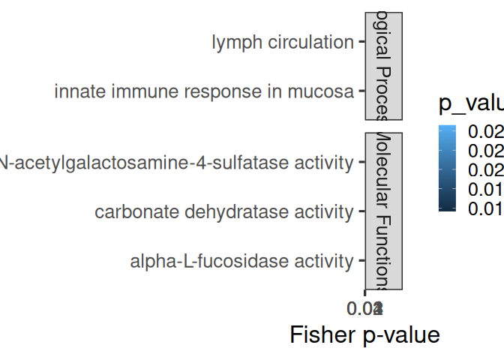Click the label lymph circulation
pos(282,43)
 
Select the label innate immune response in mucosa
pos(203,92)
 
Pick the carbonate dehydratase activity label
pos(223,212)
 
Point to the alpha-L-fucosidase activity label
pos(241,262)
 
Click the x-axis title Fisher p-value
pos(364,334)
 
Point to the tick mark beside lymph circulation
pos(361,43)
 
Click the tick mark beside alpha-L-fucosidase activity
pos(361,262)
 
